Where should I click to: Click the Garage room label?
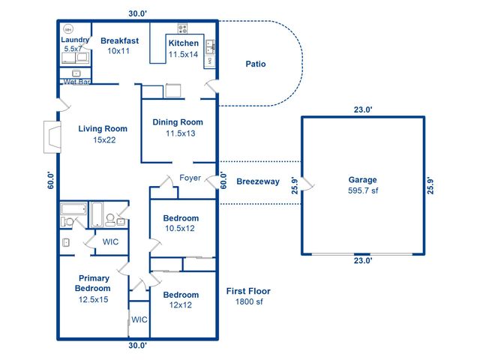click(362, 180)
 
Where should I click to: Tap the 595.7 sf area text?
click(362, 191)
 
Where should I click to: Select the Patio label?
click(256, 64)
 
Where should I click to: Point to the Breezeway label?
click(257, 181)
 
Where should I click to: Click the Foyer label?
click(189, 178)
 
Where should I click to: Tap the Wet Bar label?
click(77, 82)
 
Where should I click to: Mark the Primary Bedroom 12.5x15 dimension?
click(93, 300)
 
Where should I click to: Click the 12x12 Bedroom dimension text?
click(181, 306)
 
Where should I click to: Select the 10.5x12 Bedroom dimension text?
click(181, 229)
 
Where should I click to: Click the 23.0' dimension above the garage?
click(362, 109)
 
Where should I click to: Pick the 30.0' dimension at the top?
click(137, 13)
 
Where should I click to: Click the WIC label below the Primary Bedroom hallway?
click(139, 319)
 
